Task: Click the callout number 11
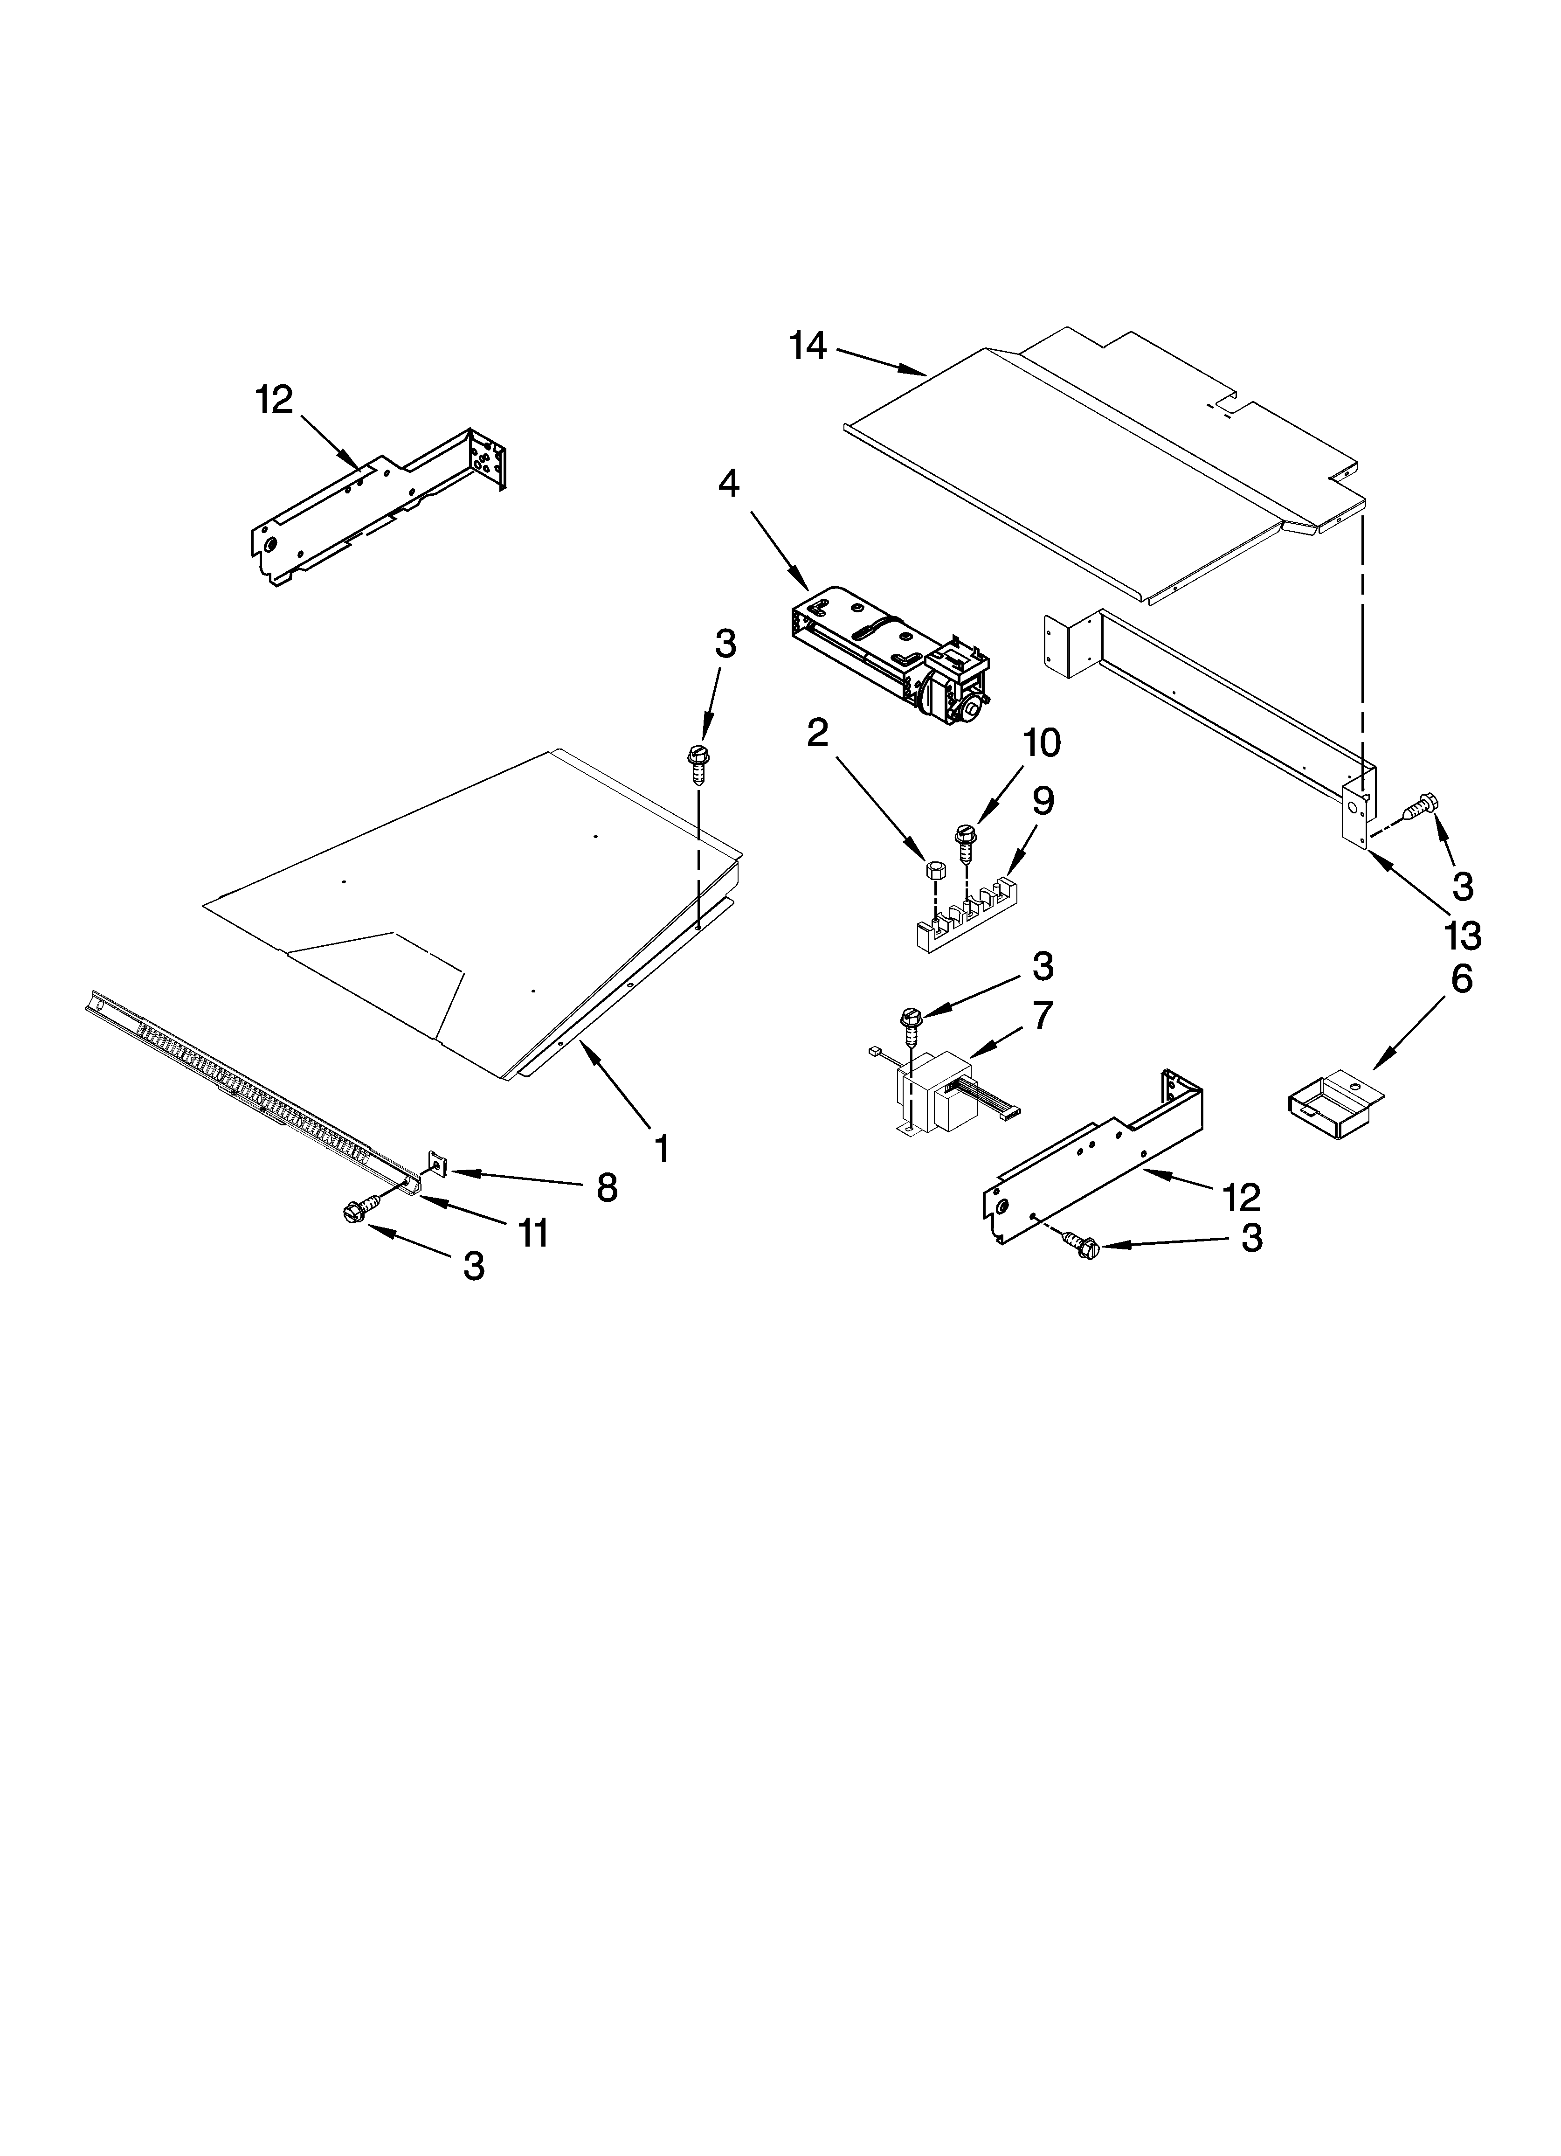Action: [x=532, y=1233]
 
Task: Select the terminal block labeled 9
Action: [x=960, y=917]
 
